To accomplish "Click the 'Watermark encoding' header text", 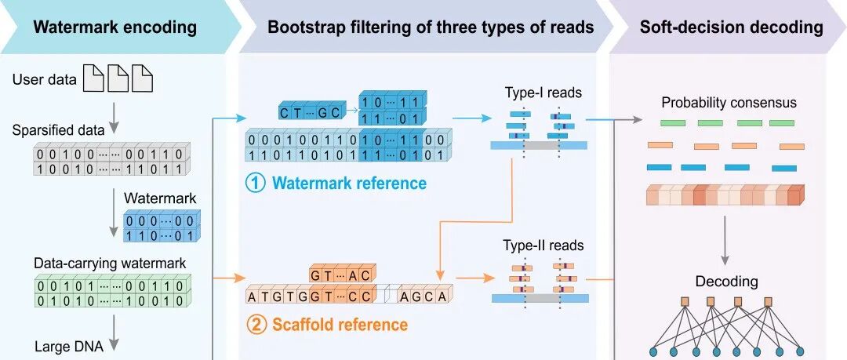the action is click(x=115, y=27).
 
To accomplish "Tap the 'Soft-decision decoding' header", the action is click(x=732, y=27).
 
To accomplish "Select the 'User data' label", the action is click(x=44, y=81).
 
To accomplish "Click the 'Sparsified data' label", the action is click(x=58, y=130).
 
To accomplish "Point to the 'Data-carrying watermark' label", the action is click(x=111, y=264).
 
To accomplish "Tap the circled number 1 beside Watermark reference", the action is click(x=256, y=184).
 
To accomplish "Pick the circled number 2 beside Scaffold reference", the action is click(x=256, y=325).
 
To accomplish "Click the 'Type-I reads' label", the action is click(x=543, y=93).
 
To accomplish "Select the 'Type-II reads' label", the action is click(x=543, y=245).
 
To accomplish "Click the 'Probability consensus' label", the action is click(x=729, y=102).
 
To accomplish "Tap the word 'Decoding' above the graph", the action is click(x=726, y=281).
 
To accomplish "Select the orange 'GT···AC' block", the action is click(x=343, y=275).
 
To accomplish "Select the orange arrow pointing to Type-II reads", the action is click(x=474, y=278).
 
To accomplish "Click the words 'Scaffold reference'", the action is click(x=340, y=325).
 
